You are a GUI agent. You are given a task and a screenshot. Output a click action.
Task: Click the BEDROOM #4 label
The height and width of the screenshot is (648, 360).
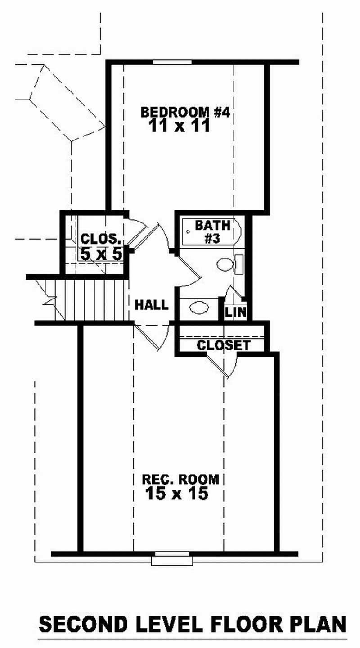click(x=185, y=112)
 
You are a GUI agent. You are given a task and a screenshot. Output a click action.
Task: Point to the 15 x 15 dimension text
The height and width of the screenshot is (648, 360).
click(x=177, y=494)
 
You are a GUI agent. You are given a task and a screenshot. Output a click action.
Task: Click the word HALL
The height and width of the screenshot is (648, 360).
click(x=152, y=305)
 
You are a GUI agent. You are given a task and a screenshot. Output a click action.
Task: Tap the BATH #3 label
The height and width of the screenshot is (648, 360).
click(x=212, y=231)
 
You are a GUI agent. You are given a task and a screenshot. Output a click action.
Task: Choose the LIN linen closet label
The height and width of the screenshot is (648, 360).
click(x=235, y=312)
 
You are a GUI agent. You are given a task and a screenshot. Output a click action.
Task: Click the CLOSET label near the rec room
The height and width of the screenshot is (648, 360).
click(x=223, y=345)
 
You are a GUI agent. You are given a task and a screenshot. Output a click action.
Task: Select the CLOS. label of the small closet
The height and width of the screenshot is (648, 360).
click(x=101, y=239)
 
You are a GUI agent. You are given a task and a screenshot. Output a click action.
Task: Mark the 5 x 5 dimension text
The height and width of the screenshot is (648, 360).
click(x=101, y=254)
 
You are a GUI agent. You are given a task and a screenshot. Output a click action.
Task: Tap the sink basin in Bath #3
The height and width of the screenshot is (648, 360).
click(x=198, y=308)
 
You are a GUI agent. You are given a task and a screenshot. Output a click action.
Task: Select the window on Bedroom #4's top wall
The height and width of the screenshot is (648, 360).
click(x=172, y=62)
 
